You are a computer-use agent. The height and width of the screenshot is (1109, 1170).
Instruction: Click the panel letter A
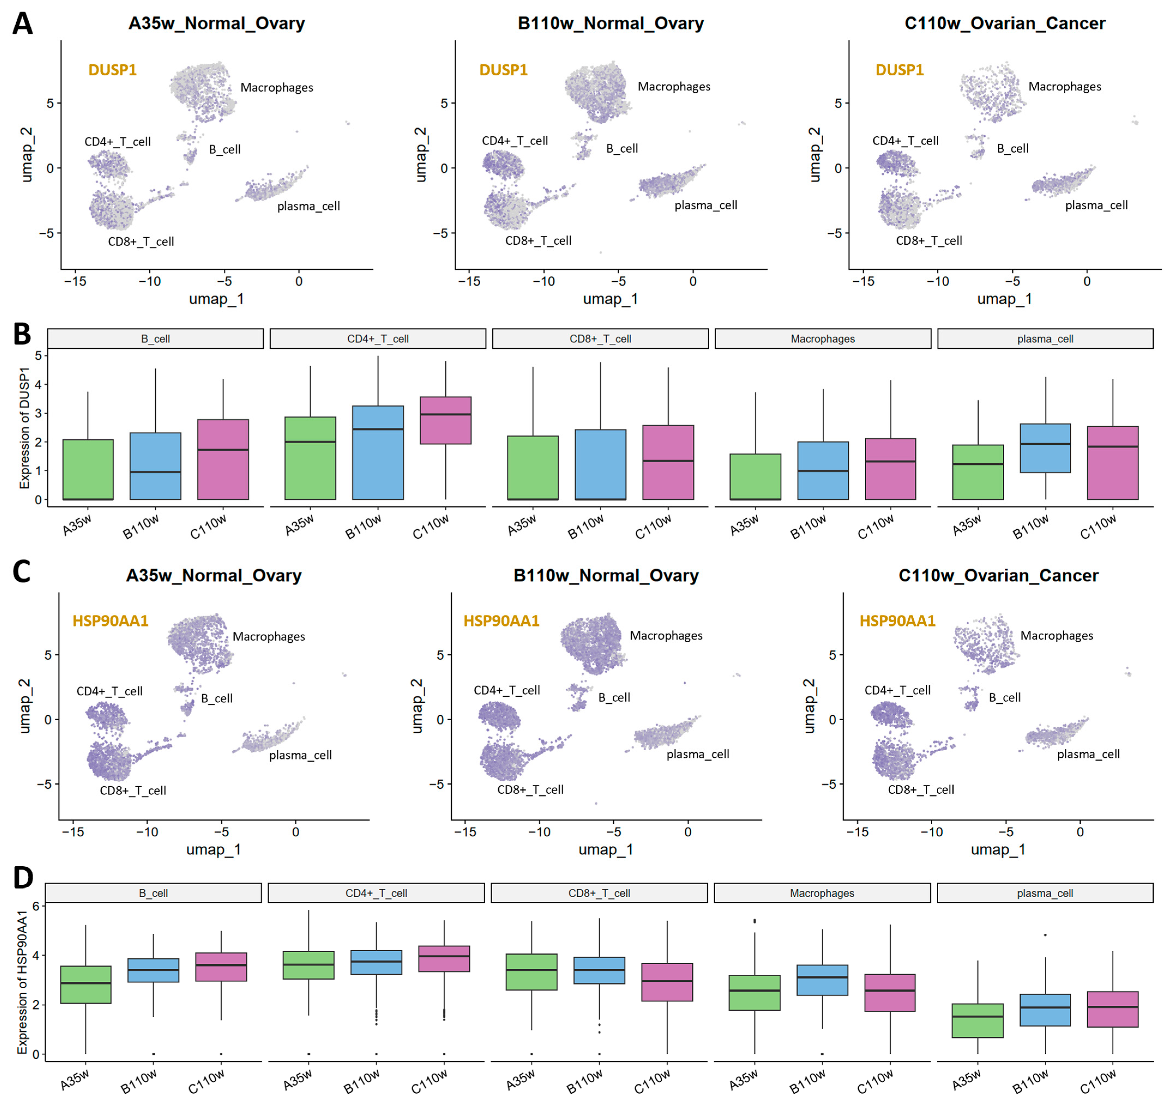point(22,24)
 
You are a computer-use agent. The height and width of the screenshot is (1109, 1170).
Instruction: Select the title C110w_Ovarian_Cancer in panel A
point(1004,24)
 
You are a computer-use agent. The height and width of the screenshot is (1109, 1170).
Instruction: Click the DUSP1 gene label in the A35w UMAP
point(112,70)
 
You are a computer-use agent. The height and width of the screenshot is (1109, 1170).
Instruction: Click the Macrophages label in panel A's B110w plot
point(674,87)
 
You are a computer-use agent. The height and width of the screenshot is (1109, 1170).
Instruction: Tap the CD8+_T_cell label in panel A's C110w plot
point(929,241)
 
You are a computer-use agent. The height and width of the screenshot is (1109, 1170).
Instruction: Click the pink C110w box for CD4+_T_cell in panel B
point(445,420)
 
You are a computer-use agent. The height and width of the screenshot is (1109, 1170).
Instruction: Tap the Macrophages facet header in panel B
point(822,339)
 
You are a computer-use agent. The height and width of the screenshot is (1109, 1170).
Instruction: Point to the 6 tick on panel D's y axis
point(35,906)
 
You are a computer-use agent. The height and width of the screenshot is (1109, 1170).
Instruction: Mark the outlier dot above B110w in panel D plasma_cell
point(1045,935)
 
